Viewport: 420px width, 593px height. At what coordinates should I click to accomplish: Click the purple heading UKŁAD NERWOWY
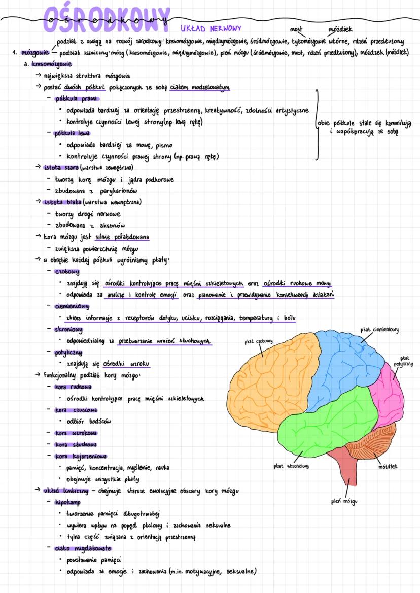pos(211,28)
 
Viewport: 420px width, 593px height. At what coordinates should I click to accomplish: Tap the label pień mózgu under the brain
pos(343,502)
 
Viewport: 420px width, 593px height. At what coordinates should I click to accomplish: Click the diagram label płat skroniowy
pos(291,466)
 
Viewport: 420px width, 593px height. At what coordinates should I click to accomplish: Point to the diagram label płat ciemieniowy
pos(379,330)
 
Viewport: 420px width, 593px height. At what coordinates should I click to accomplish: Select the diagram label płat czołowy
pos(259,341)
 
